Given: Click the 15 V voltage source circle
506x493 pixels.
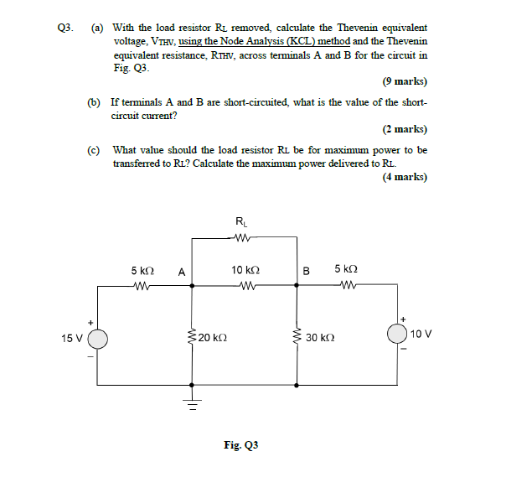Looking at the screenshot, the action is click(x=98, y=339).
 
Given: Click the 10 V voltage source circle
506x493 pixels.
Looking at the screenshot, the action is click(x=397, y=334).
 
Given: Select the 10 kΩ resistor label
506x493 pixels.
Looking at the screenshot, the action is click(x=245, y=271).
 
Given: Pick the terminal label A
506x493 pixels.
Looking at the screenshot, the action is click(x=182, y=272).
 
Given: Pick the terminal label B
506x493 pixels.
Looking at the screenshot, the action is click(x=307, y=272).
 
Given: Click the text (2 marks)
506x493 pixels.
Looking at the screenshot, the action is click(x=404, y=130).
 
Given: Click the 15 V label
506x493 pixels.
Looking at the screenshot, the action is click(x=72, y=339).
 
